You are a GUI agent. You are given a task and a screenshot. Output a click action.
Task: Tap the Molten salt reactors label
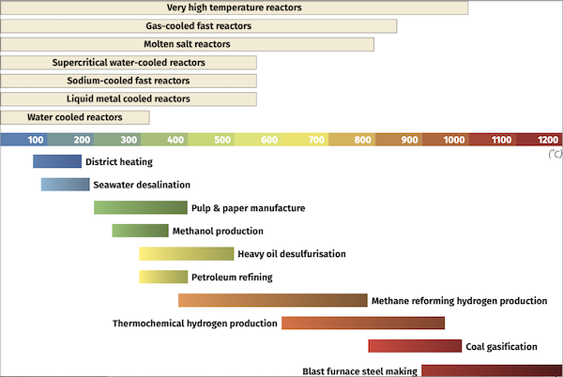pos(187,44)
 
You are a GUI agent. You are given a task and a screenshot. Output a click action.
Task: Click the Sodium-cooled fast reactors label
pos(129,81)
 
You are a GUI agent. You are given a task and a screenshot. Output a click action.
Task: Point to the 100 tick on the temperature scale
pos(36,140)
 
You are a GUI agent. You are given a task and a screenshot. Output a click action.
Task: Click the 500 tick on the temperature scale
pos(222,140)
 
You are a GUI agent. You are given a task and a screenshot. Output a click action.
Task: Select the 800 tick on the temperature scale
pos(362,140)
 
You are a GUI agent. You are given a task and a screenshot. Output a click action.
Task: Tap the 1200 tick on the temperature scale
pos(549,140)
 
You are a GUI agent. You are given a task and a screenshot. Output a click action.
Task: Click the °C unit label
pos(554,153)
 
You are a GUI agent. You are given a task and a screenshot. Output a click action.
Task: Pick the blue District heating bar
pos(57,161)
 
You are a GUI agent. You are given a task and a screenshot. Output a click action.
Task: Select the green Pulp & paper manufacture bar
pos(141,207)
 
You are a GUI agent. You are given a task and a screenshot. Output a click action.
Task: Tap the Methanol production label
pos(218,231)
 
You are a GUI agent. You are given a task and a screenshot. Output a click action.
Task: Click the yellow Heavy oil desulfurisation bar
pos(186,253)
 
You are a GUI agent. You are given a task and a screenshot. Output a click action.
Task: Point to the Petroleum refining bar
pos(163,277)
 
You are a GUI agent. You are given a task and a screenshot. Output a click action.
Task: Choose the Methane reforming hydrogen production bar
pos(272,300)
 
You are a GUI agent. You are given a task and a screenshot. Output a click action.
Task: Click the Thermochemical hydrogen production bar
pos(362,323)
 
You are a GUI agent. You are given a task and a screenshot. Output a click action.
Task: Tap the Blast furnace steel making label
pos(360,370)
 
